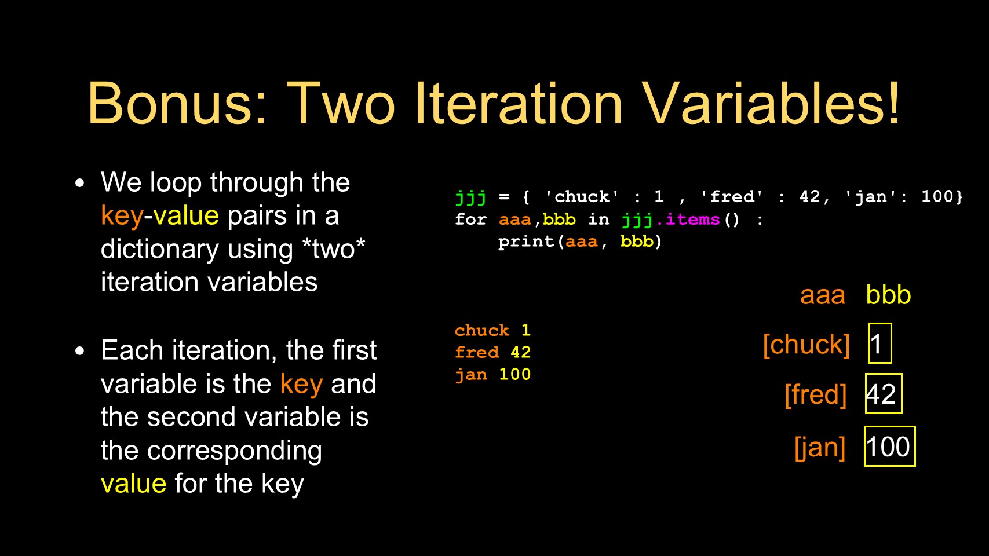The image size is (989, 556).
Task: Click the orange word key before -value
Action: [122, 216]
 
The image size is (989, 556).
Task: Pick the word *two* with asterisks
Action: [334, 249]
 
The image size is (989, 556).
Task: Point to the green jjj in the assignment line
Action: [470, 197]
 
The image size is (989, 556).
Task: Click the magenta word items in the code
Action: [692, 219]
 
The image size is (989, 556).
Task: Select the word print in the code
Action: [526, 242]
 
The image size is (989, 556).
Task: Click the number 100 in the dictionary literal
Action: [937, 196]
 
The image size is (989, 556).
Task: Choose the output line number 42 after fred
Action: [520, 352]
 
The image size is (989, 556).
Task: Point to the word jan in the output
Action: [470, 375]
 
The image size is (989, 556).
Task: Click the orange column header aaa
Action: [823, 295]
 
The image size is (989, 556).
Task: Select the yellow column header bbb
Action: [888, 294]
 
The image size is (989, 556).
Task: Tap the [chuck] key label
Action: [806, 345]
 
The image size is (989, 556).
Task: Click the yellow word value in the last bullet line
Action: [133, 484]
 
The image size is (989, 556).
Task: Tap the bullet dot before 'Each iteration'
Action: [79, 351]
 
